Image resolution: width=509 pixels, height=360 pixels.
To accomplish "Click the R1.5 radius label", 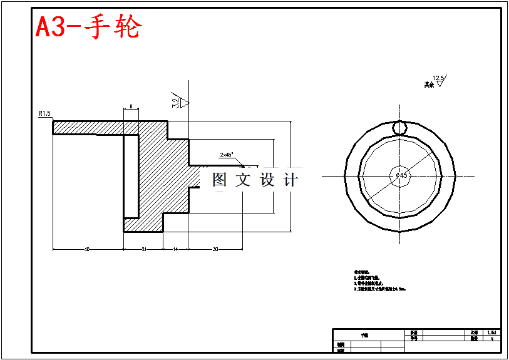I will click(44, 113).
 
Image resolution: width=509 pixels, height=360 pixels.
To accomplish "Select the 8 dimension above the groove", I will click(130, 107).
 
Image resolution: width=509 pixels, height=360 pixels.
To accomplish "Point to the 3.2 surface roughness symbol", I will click(176, 100).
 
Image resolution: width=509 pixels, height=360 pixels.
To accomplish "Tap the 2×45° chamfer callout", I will click(226, 154).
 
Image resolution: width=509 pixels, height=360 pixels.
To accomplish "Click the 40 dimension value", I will click(86, 249).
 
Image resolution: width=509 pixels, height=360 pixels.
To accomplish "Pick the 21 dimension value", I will click(143, 249).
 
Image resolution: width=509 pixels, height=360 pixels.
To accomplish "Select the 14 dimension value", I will click(175, 249).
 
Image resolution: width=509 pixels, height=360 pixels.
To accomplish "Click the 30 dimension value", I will click(215, 249).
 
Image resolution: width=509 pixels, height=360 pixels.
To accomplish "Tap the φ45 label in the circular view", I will click(401, 176).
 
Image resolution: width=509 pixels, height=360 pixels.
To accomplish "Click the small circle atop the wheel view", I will click(399, 127).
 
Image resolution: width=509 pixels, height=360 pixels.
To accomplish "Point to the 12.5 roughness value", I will click(438, 78).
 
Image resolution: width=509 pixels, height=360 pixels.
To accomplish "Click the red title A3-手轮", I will click(88, 28).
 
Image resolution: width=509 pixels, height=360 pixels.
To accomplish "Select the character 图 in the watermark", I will click(220, 180).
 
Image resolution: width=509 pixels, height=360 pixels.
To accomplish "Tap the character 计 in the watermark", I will click(290, 180).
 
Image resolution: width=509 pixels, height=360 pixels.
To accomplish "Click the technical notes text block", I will click(379, 282).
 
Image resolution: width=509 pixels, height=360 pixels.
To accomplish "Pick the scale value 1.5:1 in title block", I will click(492, 332).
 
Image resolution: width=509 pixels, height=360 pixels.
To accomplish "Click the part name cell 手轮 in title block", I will click(364, 336).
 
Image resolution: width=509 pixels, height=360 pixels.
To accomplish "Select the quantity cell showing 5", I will click(492, 338).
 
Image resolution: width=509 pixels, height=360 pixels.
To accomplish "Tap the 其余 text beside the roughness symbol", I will click(428, 84).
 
